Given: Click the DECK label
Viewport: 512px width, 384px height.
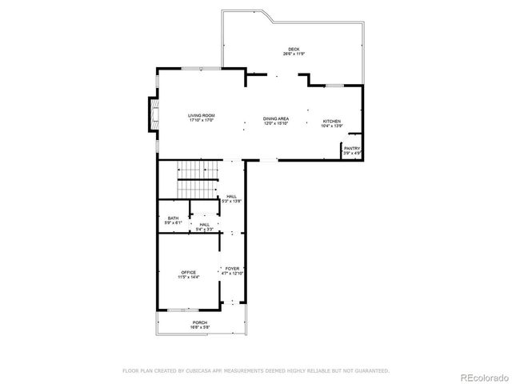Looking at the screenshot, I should tap(294, 49).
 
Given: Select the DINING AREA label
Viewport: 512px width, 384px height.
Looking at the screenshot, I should tap(276, 118).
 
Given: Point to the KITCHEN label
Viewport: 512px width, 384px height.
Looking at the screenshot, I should tap(332, 122).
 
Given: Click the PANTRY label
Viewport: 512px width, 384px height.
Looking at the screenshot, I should tap(352, 148).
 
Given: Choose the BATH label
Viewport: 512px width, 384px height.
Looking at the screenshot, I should tap(173, 218).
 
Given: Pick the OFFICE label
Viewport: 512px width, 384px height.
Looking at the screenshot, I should tap(188, 272).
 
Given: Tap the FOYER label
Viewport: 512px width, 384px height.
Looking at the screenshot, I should tap(232, 269).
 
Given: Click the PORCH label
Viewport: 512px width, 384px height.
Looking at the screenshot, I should tap(199, 322).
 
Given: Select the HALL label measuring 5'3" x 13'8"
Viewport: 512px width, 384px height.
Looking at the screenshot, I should tap(231, 196).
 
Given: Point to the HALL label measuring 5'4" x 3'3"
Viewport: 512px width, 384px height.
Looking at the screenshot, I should tap(205, 225).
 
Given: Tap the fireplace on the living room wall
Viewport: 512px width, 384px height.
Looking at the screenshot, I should tap(152, 114).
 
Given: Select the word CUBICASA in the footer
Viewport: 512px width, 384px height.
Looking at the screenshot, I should tap(198, 370).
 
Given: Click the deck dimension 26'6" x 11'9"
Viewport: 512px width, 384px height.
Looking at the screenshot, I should tap(294, 54).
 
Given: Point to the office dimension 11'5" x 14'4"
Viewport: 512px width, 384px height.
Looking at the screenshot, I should tap(188, 277).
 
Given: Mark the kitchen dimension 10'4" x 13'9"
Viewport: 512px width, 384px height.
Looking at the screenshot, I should tap(332, 126).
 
